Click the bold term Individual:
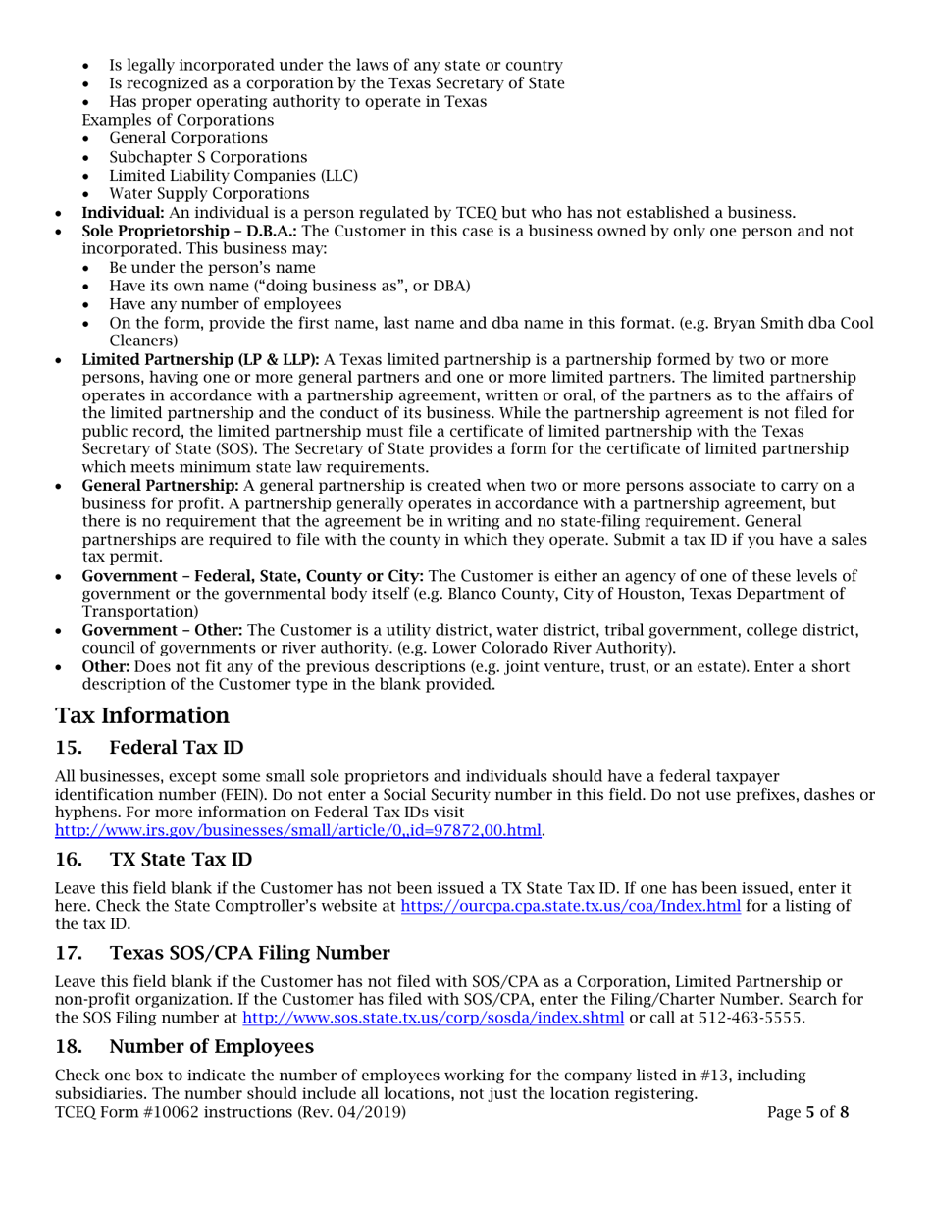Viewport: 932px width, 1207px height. pyautogui.click(x=117, y=213)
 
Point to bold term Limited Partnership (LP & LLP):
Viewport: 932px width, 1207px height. pyautogui.click(x=201, y=359)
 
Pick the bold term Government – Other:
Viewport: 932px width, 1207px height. pyautogui.click(x=178, y=628)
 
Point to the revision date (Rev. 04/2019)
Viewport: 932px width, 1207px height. pyautogui.click(x=351, y=1113)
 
